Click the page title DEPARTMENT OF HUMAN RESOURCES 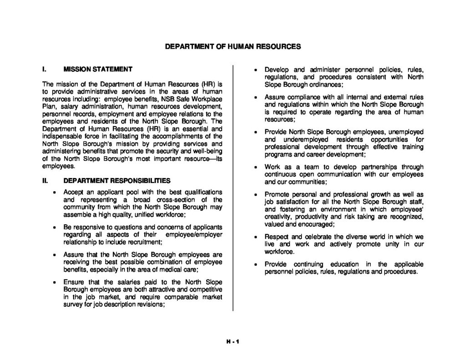pyautogui.click(x=233, y=46)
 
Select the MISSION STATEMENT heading pyautogui.click(x=98, y=69)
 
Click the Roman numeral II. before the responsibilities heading pyautogui.click(x=45, y=180)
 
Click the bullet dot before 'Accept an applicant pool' pyautogui.click(x=54, y=192)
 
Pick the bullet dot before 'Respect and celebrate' pyautogui.click(x=256, y=238)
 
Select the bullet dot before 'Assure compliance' pyautogui.click(x=256, y=98)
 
